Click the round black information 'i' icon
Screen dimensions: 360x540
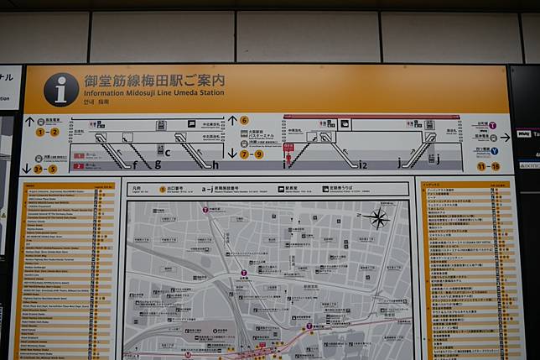point(61,89)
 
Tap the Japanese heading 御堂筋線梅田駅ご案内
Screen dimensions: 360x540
point(154,81)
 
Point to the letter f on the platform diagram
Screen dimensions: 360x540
point(134,165)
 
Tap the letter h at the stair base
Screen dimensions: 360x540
point(215,165)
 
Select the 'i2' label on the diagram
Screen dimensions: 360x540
point(363,165)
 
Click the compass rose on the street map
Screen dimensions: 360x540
point(378,220)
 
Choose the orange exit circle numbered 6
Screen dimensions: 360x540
point(245,121)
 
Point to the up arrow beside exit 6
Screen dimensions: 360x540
point(233,121)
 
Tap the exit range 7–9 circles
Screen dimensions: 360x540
point(252,154)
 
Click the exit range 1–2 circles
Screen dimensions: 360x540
point(47,132)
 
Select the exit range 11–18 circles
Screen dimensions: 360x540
point(488,166)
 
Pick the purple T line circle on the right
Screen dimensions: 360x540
point(493,137)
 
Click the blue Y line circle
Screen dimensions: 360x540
point(494,151)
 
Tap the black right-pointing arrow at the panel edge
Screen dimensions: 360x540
point(505,137)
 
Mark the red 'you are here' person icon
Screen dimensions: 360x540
point(288,154)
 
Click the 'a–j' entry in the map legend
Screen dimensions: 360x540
point(207,190)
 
